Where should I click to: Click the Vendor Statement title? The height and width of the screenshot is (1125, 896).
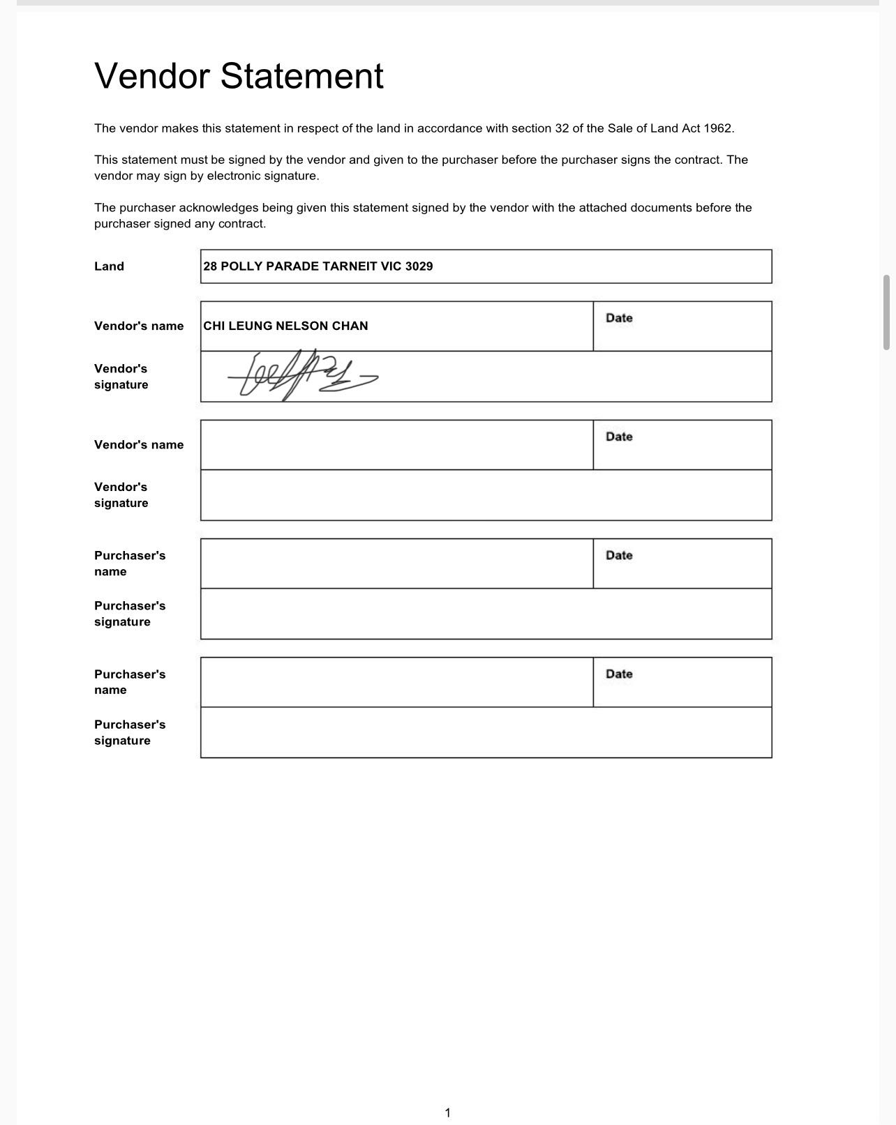[239, 75]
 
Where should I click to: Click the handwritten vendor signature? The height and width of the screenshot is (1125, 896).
[301, 376]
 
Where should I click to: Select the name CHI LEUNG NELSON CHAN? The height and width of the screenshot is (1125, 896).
[285, 326]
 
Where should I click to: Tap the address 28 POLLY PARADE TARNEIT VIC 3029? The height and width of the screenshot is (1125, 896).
[318, 266]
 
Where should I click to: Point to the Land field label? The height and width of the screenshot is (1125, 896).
[109, 266]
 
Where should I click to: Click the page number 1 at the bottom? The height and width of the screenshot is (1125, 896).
[447, 1112]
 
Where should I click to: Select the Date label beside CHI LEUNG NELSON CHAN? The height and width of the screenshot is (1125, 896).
[619, 318]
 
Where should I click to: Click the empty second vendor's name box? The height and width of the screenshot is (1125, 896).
[396, 445]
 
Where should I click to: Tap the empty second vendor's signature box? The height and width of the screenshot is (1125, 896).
[486, 495]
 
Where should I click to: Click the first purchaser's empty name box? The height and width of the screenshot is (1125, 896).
[396, 564]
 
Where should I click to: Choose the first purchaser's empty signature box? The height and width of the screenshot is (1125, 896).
[486, 614]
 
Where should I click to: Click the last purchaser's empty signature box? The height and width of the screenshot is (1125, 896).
[486, 732]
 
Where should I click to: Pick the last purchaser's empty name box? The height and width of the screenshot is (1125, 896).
[396, 682]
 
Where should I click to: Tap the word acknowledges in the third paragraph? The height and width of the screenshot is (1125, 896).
[218, 208]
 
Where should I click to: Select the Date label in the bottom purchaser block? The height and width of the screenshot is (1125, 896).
[619, 674]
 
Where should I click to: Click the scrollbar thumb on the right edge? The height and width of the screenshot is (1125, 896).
[886, 312]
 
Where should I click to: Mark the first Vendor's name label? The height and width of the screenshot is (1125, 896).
[139, 326]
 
